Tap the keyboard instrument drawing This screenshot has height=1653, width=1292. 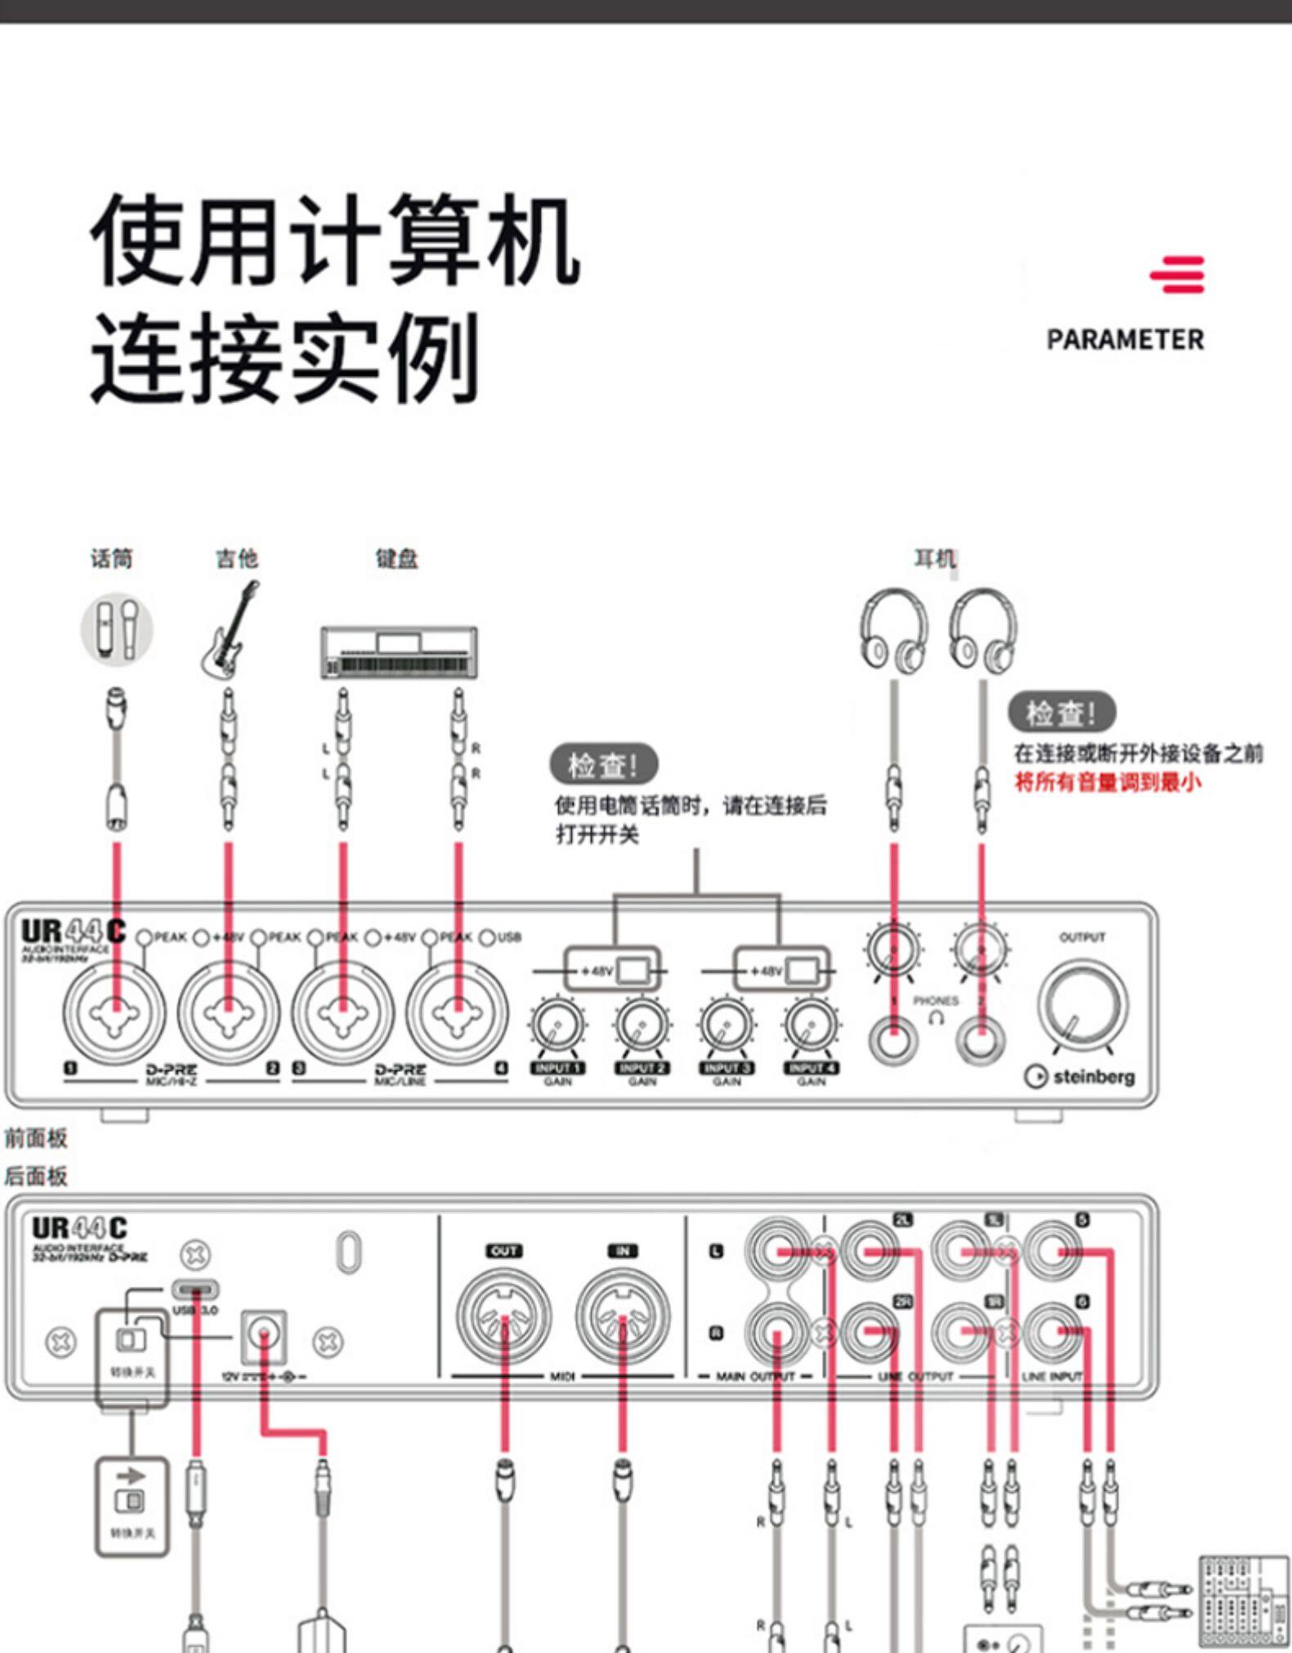pyautogui.click(x=399, y=652)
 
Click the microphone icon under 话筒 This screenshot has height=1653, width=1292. pyautogui.click(x=117, y=628)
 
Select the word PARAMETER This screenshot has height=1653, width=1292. pyautogui.click(x=1124, y=340)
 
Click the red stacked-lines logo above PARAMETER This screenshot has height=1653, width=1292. pyautogui.click(x=1177, y=275)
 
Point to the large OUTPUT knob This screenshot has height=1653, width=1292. pyautogui.click(x=1082, y=1006)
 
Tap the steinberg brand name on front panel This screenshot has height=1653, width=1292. pyautogui.click(x=1093, y=1077)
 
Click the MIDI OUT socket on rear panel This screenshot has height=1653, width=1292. pyautogui.click(x=503, y=1316)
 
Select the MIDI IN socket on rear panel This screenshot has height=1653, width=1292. pyautogui.click(x=623, y=1316)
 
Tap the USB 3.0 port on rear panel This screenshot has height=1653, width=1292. pyautogui.click(x=195, y=1290)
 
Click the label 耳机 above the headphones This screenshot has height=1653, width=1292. pyautogui.click(x=934, y=559)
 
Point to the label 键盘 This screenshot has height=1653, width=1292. pyautogui.click(x=396, y=559)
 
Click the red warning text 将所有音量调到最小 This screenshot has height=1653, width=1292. pyautogui.click(x=1107, y=782)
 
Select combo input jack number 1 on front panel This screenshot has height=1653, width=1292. pyautogui.click(x=115, y=1012)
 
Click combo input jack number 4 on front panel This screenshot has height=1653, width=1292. pyautogui.click(x=457, y=1012)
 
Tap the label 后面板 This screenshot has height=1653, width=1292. pyautogui.click(x=35, y=1177)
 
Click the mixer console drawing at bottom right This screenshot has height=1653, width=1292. pyautogui.click(x=1242, y=1602)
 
